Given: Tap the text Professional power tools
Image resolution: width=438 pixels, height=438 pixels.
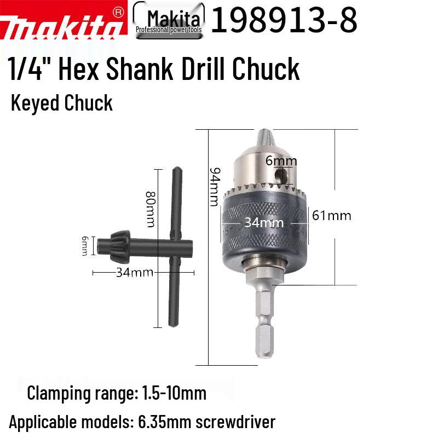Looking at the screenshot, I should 169,31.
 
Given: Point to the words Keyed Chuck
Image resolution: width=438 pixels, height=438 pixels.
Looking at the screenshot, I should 61,103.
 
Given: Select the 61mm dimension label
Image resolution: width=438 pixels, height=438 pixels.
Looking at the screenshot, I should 331,215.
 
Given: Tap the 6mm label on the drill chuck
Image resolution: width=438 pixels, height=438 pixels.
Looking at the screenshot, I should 281,160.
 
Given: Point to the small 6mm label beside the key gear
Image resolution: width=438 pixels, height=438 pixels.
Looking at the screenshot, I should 85,244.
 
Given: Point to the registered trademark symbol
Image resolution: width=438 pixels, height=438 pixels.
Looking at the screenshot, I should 117,11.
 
